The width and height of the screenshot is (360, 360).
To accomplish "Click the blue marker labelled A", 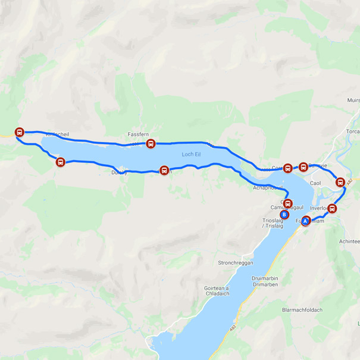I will (x=306, y=221).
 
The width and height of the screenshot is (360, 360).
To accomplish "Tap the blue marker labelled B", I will (x=284, y=215).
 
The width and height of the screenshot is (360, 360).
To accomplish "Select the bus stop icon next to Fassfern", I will (x=151, y=143).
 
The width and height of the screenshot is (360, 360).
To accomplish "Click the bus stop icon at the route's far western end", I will (x=20, y=133).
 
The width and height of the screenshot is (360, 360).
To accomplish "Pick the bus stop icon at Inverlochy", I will (x=331, y=208).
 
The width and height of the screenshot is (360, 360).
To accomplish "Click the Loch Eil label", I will (x=191, y=154).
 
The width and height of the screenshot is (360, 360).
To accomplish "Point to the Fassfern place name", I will (x=138, y=134).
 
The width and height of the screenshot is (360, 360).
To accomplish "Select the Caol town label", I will (x=316, y=183).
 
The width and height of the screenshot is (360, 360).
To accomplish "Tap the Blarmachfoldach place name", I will (x=301, y=309).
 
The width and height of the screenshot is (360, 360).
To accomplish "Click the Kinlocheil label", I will (x=57, y=135).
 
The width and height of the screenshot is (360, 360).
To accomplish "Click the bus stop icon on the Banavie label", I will (x=303, y=167).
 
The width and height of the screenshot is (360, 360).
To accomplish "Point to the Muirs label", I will (x=352, y=101).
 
